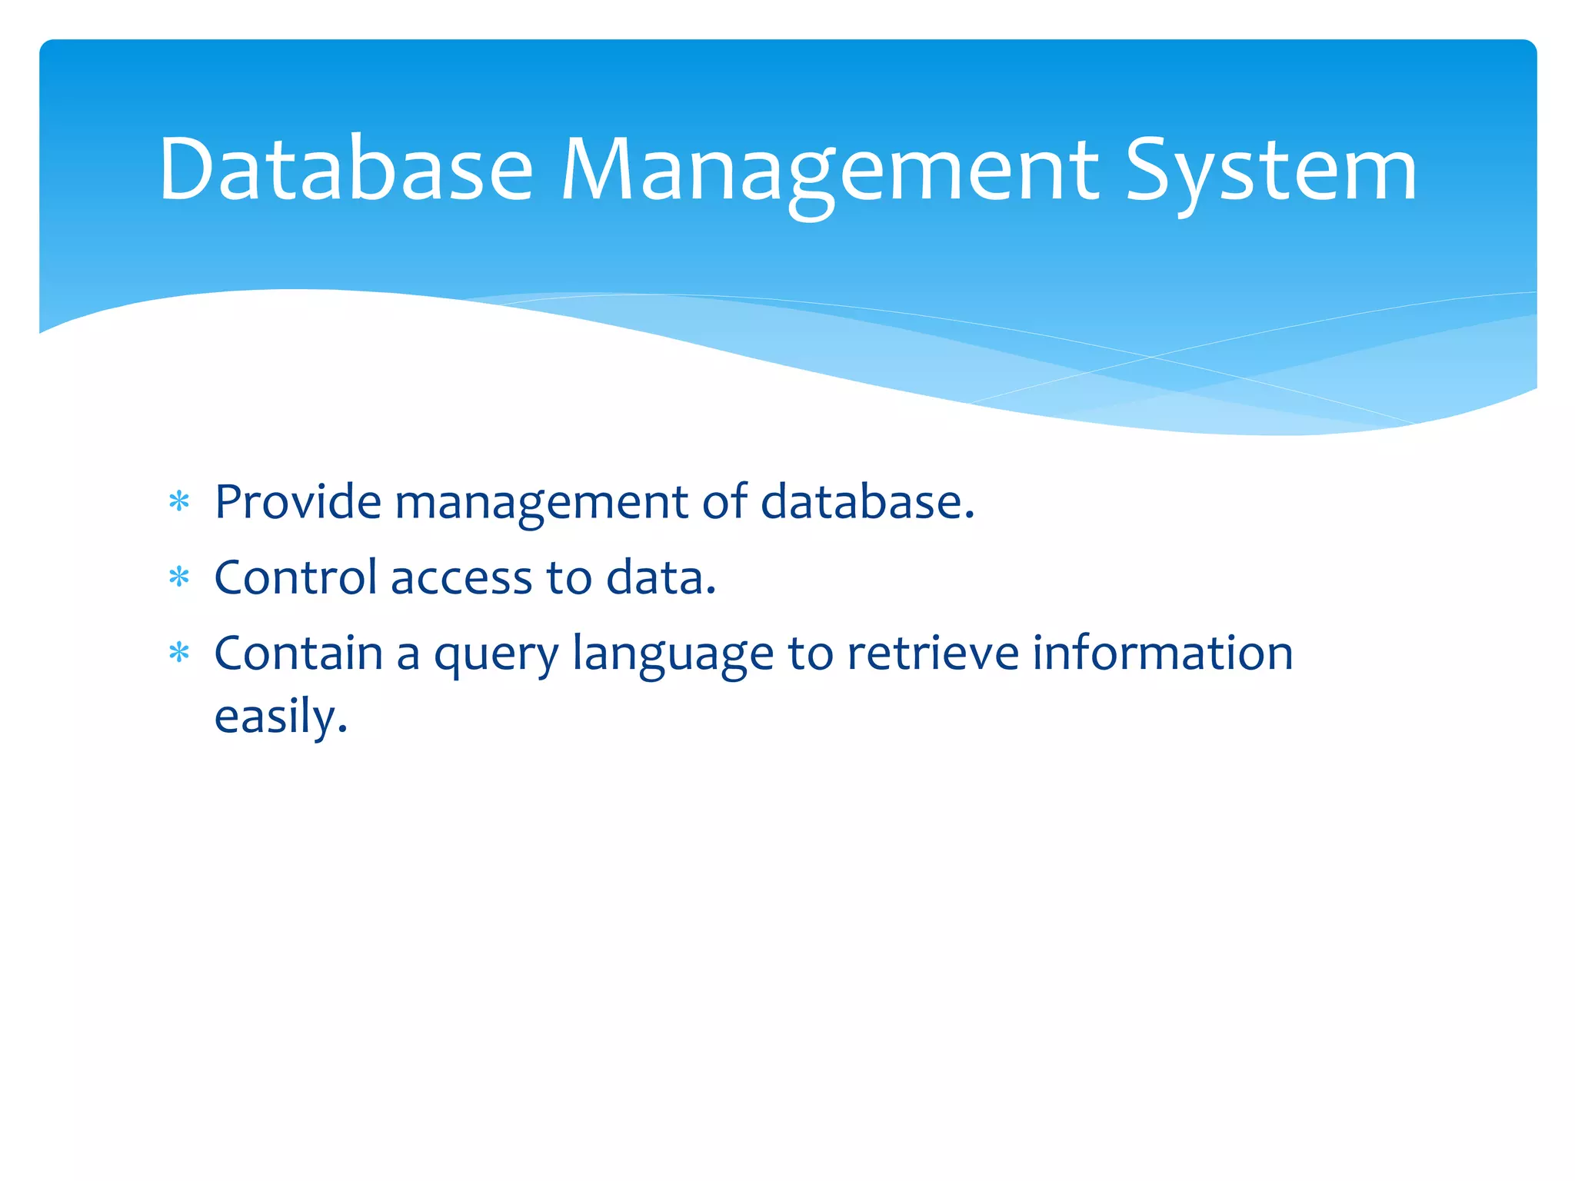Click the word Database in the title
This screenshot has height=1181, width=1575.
pyautogui.click(x=345, y=169)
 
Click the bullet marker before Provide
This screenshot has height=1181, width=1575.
pyautogui.click(x=179, y=503)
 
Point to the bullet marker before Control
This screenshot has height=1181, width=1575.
pyautogui.click(x=179, y=577)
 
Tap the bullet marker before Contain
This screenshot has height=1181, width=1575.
pyautogui.click(x=179, y=654)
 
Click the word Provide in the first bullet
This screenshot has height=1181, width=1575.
pyautogui.click(x=298, y=502)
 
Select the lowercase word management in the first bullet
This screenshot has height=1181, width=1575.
pyautogui.click(x=541, y=504)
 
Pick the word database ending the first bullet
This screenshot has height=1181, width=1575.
pyautogui.click(x=866, y=502)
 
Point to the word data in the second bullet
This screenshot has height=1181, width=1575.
pyautogui.click(x=660, y=577)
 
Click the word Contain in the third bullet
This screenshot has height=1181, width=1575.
pyautogui.click(x=298, y=654)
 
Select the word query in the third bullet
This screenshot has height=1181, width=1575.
pyautogui.click(x=496, y=656)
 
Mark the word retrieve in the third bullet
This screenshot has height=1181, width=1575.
pyautogui.click(x=932, y=654)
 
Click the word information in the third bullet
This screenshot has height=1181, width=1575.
pyautogui.click(x=1162, y=654)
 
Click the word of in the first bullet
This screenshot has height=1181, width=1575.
pyautogui.click(x=724, y=502)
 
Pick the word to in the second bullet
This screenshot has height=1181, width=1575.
pyautogui.click(x=569, y=578)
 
